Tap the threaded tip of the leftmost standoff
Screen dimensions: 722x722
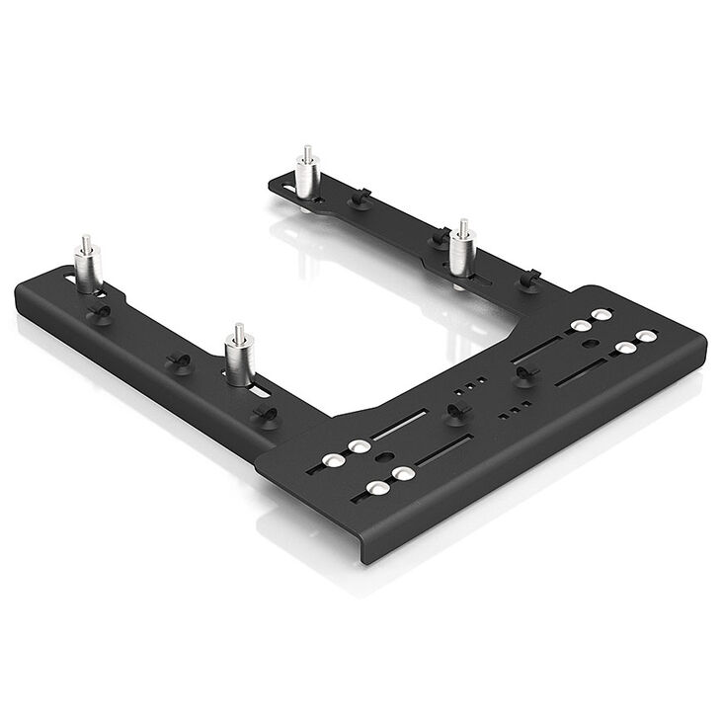tap(86, 242)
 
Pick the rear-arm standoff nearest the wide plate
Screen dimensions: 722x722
tap(460, 252)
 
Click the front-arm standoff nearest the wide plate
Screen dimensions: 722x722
tap(238, 359)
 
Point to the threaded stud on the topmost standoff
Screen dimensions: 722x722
tap(307, 153)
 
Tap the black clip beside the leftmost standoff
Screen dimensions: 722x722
tap(98, 313)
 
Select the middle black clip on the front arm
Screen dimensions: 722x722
tap(178, 360)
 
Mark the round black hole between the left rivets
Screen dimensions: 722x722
tap(385, 457)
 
